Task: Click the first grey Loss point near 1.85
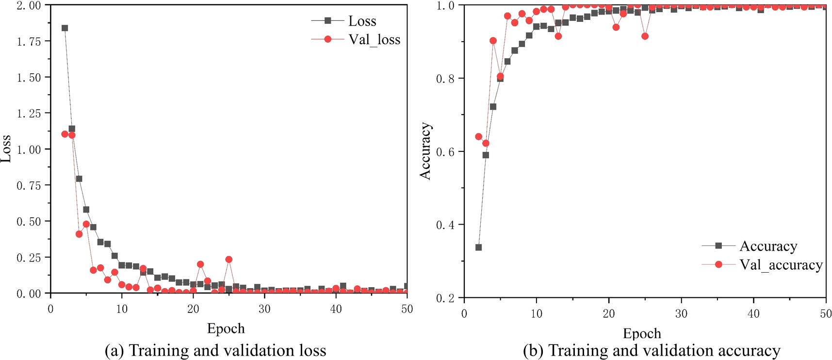click(65, 28)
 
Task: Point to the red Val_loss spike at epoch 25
click(229, 260)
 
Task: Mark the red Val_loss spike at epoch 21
click(200, 264)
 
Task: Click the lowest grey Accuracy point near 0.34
click(478, 247)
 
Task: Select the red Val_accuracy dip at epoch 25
click(645, 36)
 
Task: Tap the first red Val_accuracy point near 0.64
click(478, 137)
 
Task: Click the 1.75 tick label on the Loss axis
click(29, 42)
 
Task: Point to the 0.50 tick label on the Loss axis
click(29, 222)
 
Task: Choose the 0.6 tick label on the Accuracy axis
click(445, 152)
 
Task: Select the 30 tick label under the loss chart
click(264, 310)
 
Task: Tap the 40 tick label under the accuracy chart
click(753, 314)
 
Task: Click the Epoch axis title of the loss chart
click(226, 329)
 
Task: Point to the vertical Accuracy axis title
click(425, 151)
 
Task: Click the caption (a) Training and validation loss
click(215, 350)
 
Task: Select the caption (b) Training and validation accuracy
click(652, 350)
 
